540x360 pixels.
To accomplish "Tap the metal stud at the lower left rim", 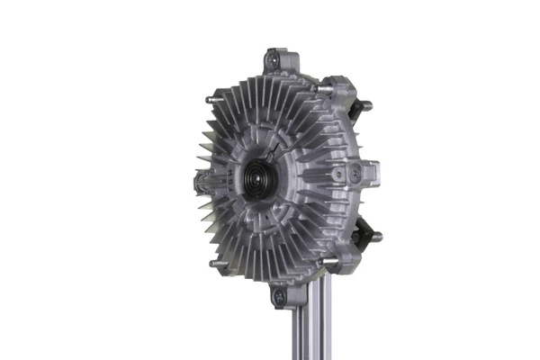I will pos(213,264).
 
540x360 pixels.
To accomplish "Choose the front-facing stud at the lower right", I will pos(327,262).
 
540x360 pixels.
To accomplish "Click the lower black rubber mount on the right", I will pos(364,229).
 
